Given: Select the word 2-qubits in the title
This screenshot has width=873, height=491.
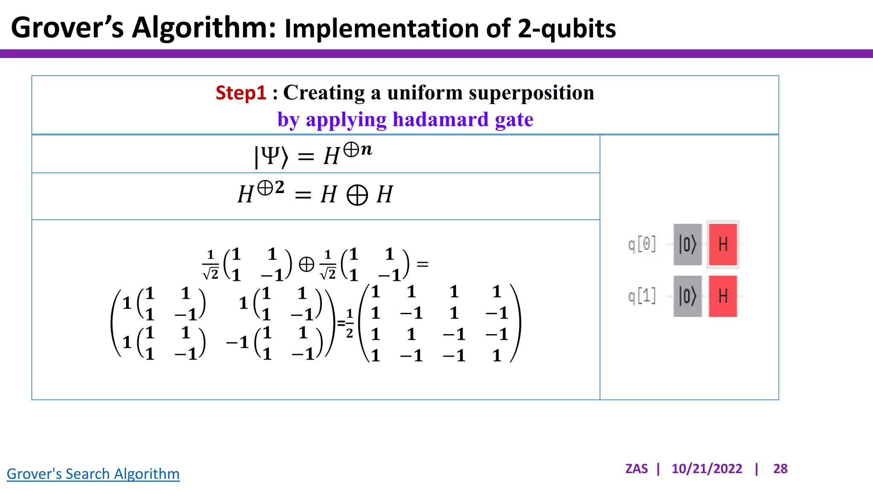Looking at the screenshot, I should (x=567, y=29).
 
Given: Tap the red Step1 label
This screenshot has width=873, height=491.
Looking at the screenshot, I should (x=241, y=93).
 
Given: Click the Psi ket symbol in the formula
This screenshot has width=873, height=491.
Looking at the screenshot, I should (x=271, y=156).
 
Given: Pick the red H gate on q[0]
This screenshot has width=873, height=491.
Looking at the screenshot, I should (x=723, y=244).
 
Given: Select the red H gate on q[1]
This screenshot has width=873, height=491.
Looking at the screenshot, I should (x=723, y=296).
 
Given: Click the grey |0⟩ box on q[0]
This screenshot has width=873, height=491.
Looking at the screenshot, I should (x=688, y=244).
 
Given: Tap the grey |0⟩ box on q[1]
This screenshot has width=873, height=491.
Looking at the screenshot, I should (x=688, y=296).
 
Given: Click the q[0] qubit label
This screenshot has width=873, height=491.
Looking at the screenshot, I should (x=642, y=245).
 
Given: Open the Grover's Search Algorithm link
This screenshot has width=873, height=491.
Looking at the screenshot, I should (x=93, y=474).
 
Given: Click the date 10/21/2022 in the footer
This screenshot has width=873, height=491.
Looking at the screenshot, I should (x=707, y=469).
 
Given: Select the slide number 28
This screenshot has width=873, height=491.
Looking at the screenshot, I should (x=780, y=469).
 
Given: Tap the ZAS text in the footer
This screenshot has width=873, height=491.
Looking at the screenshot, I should (x=636, y=469).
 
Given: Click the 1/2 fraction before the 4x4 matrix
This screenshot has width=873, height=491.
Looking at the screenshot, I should (x=350, y=323).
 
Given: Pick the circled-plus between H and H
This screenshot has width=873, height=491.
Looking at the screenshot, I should (x=357, y=195).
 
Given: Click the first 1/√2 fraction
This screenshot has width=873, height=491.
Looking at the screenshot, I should (x=211, y=265).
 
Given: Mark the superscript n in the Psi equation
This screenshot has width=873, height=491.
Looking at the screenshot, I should (x=366, y=149).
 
